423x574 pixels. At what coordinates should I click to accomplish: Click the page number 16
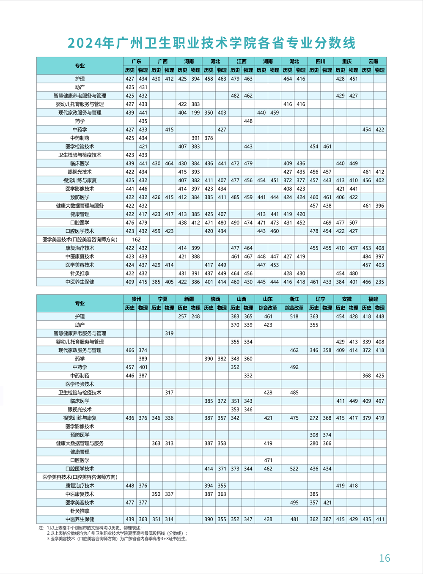pos(385,558)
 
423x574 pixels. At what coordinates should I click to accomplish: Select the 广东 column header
pos(136,62)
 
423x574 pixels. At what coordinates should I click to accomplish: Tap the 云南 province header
pos(373,62)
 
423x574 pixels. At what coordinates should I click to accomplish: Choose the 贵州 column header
pos(136,299)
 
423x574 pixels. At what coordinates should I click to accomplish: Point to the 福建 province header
pos(373,299)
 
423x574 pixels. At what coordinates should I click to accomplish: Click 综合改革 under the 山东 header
pos(268,308)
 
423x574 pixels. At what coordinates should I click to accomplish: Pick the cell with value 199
pos(195,113)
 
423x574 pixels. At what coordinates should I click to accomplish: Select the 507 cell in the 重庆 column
pos(354,223)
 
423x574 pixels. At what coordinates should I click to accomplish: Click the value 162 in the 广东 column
pos(136,240)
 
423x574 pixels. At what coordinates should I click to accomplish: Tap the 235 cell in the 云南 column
pos(380,282)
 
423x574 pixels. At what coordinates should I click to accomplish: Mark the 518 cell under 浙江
pos(294,316)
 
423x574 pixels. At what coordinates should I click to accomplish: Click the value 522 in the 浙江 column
pos(294,469)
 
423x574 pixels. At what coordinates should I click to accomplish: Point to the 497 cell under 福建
pos(380,401)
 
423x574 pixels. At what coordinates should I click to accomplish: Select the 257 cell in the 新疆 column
pos(182,316)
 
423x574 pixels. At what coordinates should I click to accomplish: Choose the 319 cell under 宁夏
pos(169,333)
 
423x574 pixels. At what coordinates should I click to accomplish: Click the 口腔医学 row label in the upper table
pos(80,223)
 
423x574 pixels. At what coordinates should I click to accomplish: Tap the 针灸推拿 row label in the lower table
pos(80,511)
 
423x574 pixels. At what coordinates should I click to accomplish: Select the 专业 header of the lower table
pos(80,304)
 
